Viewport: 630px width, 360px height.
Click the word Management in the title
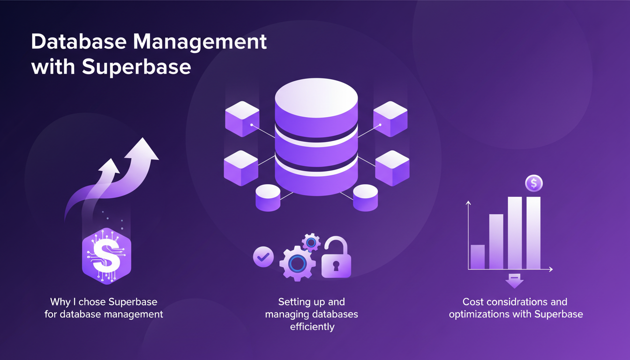(x=201, y=43)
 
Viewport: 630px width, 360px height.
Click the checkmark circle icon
(x=263, y=256)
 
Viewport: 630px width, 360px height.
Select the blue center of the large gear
(x=297, y=263)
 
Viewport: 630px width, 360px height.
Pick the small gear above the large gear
(x=311, y=242)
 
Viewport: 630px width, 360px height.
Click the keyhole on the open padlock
(x=336, y=267)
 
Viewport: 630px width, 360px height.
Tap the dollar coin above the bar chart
(x=534, y=182)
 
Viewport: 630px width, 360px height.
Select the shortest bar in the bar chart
(x=477, y=257)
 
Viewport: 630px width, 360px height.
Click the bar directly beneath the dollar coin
(x=533, y=232)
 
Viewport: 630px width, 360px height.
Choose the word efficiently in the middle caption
(x=312, y=327)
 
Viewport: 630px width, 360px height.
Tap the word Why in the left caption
(x=59, y=302)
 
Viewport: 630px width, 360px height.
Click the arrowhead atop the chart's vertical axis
(x=468, y=202)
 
